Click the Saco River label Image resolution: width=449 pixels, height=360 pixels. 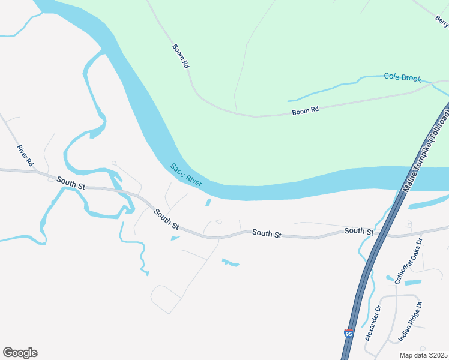pyautogui.click(x=186, y=175)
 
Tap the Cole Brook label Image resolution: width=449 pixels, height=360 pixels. pyautogui.click(x=402, y=77)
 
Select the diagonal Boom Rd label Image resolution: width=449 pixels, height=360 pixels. pyautogui.click(x=181, y=56)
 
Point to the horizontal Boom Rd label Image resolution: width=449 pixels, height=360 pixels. pyautogui.click(x=305, y=110)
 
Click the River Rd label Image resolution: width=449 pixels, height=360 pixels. pyautogui.click(x=25, y=155)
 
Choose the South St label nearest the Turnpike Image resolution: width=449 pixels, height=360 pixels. pyautogui.click(x=359, y=231)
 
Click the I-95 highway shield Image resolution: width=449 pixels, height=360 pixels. pyautogui.click(x=349, y=334)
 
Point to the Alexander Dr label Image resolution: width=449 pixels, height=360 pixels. pyautogui.click(x=373, y=324)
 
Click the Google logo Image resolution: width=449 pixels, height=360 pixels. pyautogui.click(x=20, y=352)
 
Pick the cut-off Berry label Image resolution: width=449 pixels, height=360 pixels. pyautogui.click(x=442, y=22)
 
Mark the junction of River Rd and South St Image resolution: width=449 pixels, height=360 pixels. pyautogui.click(x=40, y=173)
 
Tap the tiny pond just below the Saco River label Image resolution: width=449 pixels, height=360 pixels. pyautogui.click(x=208, y=202)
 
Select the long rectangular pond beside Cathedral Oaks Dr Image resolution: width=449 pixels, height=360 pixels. pyautogui.click(x=412, y=282)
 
